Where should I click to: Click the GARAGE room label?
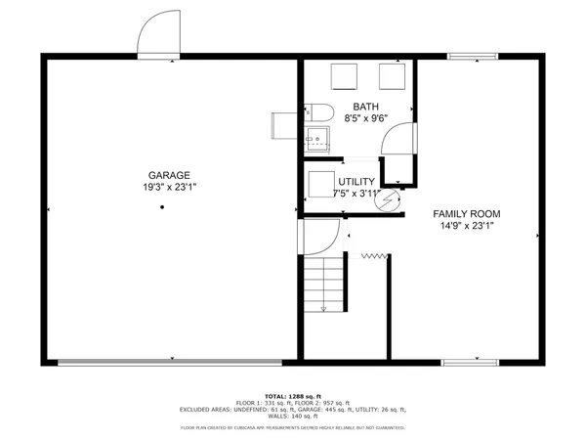pyautogui.click(x=163, y=175)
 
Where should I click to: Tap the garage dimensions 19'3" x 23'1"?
pyautogui.click(x=163, y=187)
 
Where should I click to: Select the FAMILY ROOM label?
pyautogui.click(x=467, y=213)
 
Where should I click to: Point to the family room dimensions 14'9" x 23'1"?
pyautogui.click(x=467, y=226)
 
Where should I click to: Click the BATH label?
pyautogui.click(x=366, y=107)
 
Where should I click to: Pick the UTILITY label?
pyautogui.click(x=357, y=182)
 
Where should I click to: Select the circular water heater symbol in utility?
pyautogui.click(x=390, y=199)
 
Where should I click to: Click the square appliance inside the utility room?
pyautogui.click(x=320, y=185)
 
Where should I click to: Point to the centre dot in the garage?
pyautogui.click(x=163, y=207)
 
